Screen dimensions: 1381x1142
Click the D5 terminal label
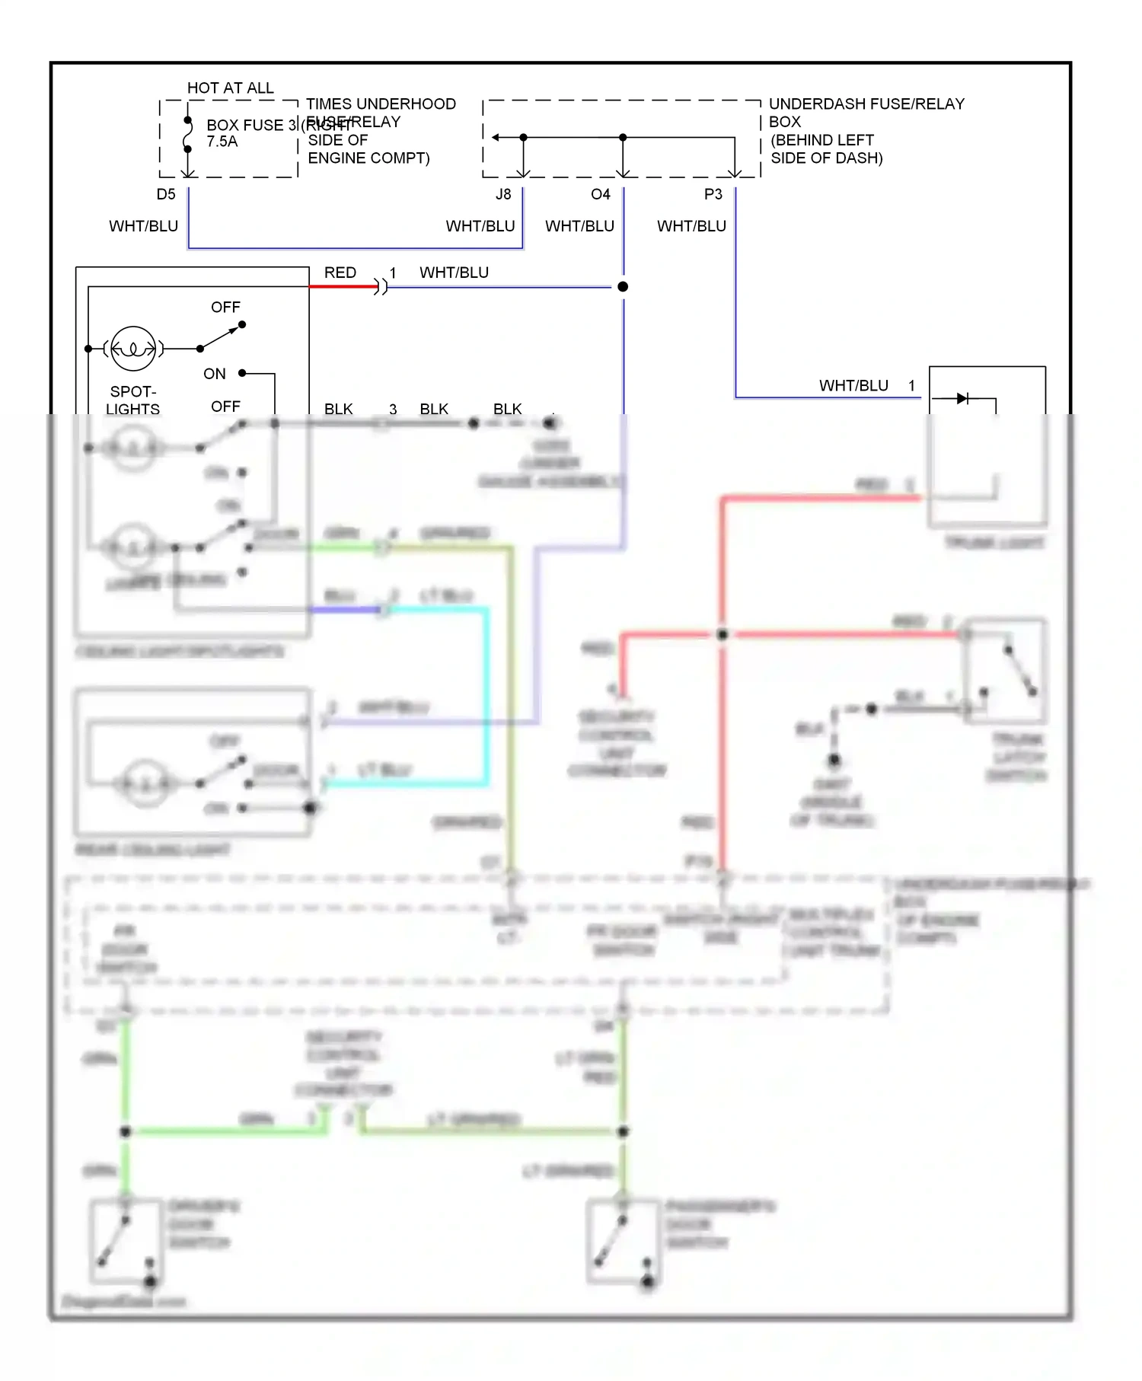[x=166, y=194]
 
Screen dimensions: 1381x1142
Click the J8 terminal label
[x=503, y=194]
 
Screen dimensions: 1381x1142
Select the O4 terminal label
[x=600, y=194]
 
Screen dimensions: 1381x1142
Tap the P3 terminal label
[x=713, y=194]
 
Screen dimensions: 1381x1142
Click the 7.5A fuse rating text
[x=222, y=142]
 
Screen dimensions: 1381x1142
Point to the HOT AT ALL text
[x=230, y=88]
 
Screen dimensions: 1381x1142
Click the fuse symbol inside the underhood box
[x=188, y=135]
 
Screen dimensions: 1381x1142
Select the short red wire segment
[x=343, y=286]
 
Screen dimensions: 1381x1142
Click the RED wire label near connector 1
[x=340, y=273]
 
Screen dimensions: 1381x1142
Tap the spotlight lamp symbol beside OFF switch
[x=133, y=349]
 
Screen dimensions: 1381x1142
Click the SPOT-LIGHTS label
[x=133, y=400]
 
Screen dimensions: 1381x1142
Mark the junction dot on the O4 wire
[x=623, y=286]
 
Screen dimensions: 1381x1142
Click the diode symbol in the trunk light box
[x=962, y=398]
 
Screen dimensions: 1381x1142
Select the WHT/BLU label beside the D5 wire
[x=143, y=226]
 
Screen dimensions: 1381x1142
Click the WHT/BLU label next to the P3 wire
[x=691, y=226]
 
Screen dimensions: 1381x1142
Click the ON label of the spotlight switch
[x=214, y=374]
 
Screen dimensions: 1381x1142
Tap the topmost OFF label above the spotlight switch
[x=225, y=307]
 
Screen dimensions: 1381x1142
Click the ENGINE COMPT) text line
[x=368, y=158]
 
